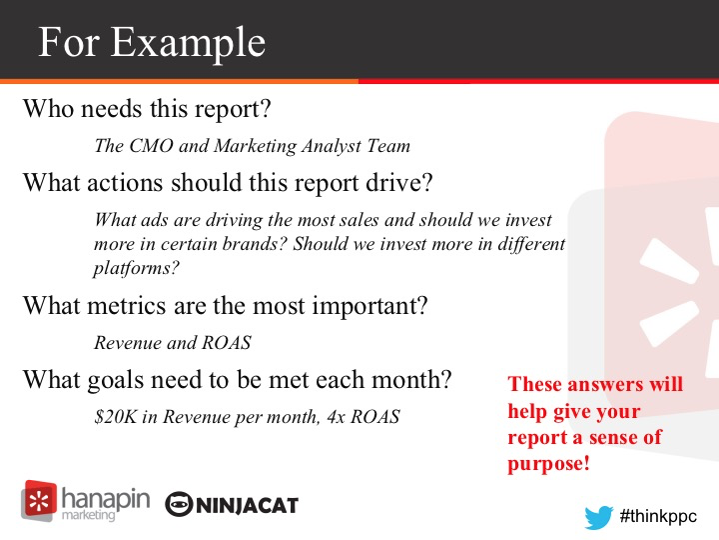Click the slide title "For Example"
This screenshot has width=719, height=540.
click(x=152, y=43)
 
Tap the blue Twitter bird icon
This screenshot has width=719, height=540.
click(x=598, y=517)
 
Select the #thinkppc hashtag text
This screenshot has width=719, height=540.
click(x=658, y=516)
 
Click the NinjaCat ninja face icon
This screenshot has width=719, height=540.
click(x=179, y=505)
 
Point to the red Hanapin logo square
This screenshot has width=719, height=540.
click(x=39, y=500)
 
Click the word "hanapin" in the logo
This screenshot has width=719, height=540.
click(x=106, y=498)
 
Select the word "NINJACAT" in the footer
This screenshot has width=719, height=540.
click(x=248, y=506)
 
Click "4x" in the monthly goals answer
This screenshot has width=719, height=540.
click(x=337, y=416)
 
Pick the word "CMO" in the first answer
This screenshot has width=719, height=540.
click(x=152, y=146)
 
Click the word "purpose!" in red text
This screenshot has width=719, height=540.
click(x=548, y=464)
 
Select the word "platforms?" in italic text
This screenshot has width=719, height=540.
click(x=136, y=268)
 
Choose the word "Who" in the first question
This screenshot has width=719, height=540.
click(x=49, y=109)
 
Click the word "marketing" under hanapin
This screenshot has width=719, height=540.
click(x=88, y=515)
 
